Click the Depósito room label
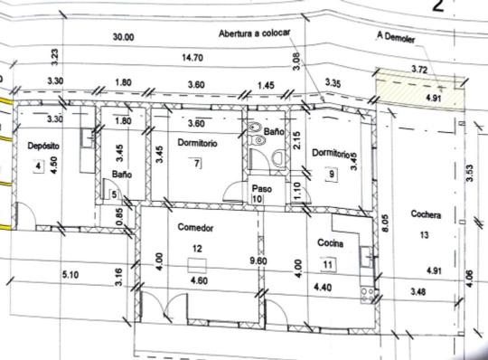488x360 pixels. click(x=43, y=146)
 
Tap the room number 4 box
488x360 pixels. click(x=38, y=166)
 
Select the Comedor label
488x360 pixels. click(x=195, y=228)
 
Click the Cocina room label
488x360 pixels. click(x=330, y=242)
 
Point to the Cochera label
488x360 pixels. click(x=426, y=214)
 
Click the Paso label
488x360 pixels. click(x=262, y=188)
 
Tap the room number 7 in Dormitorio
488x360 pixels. click(x=197, y=163)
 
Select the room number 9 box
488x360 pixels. click(x=332, y=174)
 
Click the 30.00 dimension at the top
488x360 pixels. click(x=123, y=37)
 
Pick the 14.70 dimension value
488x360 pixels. click(x=192, y=58)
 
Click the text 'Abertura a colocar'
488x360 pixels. click(x=254, y=33)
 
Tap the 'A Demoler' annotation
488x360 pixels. click(x=396, y=37)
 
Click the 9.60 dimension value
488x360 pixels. click(x=258, y=261)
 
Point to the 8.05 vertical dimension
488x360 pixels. click(x=385, y=223)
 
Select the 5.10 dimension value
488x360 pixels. click(x=70, y=275)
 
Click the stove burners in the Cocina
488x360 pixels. click(x=367, y=295)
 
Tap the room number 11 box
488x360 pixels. click(x=328, y=265)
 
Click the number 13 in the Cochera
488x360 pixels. click(x=424, y=235)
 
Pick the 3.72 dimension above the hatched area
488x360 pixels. click(x=419, y=69)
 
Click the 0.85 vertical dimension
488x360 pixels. click(x=119, y=216)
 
